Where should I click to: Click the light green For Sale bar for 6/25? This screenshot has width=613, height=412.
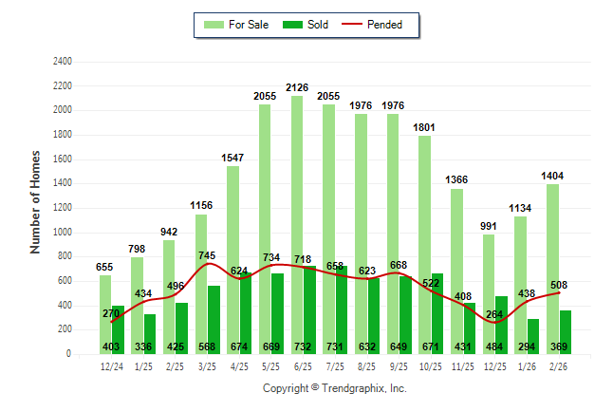297,218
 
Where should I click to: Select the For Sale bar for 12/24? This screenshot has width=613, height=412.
104,313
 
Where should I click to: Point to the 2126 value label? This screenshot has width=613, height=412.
297,87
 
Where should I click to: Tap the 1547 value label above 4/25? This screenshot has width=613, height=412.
233,158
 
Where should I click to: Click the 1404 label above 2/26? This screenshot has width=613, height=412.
552,176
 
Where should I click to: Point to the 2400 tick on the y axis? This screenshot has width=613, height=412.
62,62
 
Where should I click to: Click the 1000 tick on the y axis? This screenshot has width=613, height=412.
62,232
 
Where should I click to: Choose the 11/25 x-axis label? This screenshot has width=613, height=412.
463,365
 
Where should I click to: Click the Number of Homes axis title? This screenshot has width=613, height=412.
36,200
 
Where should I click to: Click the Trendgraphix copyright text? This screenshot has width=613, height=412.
334,388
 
